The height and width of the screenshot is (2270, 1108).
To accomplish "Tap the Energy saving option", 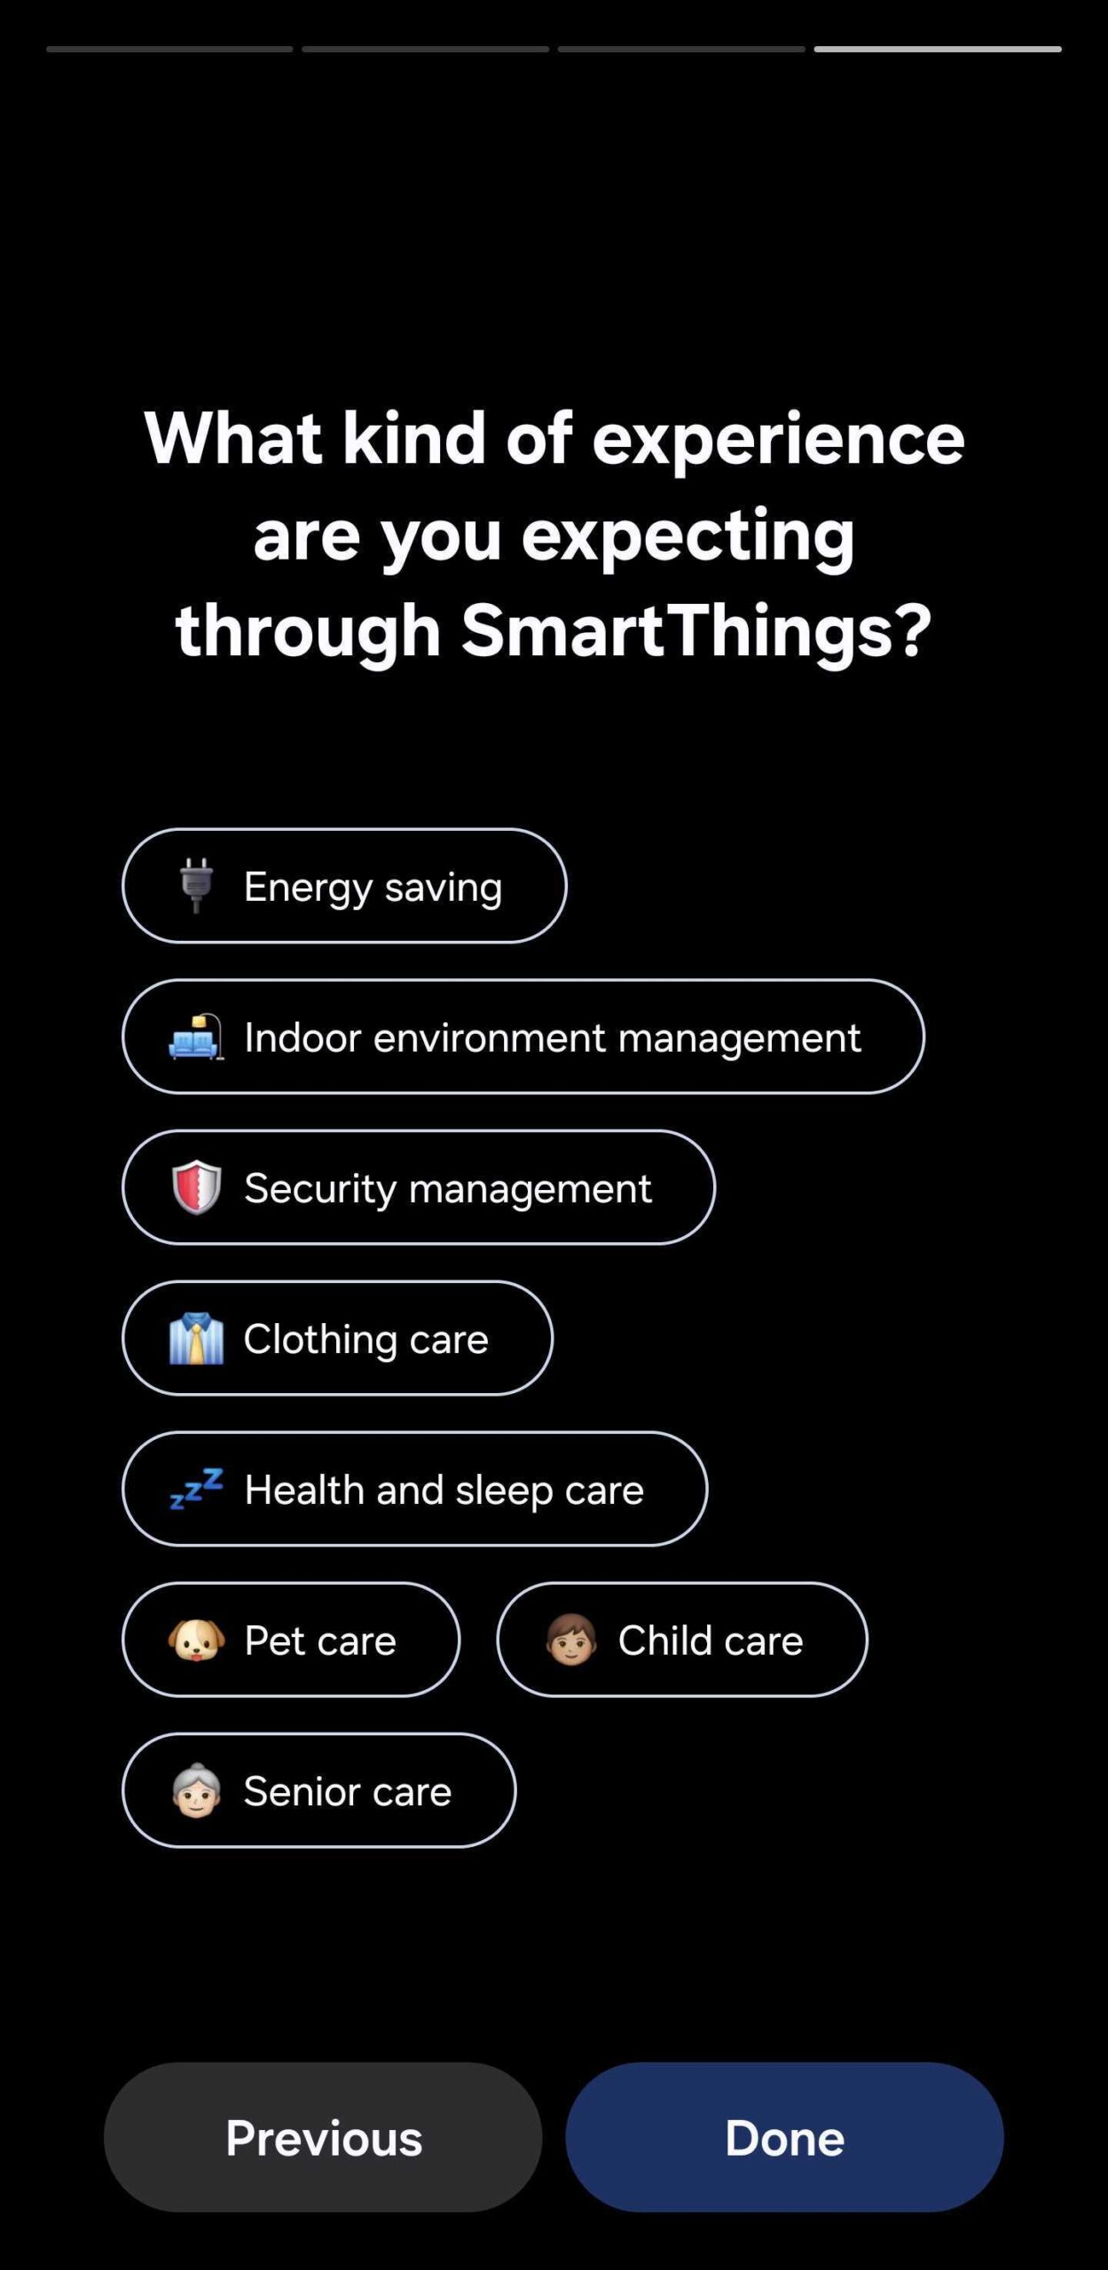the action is [344, 886].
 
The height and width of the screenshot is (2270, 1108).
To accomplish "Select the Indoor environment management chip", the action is [523, 1037].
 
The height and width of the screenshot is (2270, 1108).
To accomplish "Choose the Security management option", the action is [419, 1187].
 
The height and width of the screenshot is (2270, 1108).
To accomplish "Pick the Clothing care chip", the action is [337, 1338].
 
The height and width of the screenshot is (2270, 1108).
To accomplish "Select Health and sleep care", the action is [415, 1489].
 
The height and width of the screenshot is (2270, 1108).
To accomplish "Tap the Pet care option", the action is [291, 1640].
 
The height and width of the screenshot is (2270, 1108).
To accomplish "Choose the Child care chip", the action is [682, 1640].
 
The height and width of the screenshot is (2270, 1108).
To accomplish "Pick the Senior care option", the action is [318, 1790].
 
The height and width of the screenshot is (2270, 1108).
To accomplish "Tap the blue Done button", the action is [784, 2137].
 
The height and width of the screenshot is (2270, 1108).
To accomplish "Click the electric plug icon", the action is [196, 885].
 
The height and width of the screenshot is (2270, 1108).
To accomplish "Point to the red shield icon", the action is [196, 1186].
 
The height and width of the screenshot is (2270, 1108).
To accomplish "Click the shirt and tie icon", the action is [196, 1338].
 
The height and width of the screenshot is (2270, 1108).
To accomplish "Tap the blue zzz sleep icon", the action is [196, 1488].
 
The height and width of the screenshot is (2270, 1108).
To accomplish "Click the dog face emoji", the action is [196, 1640].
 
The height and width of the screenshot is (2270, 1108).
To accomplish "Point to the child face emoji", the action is [570, 1640].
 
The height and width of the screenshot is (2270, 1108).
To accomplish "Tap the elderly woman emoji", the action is [196, 1790].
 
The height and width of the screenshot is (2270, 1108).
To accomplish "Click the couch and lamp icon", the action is [196, 1037].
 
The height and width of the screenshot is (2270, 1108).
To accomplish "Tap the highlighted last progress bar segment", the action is [938, 49].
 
